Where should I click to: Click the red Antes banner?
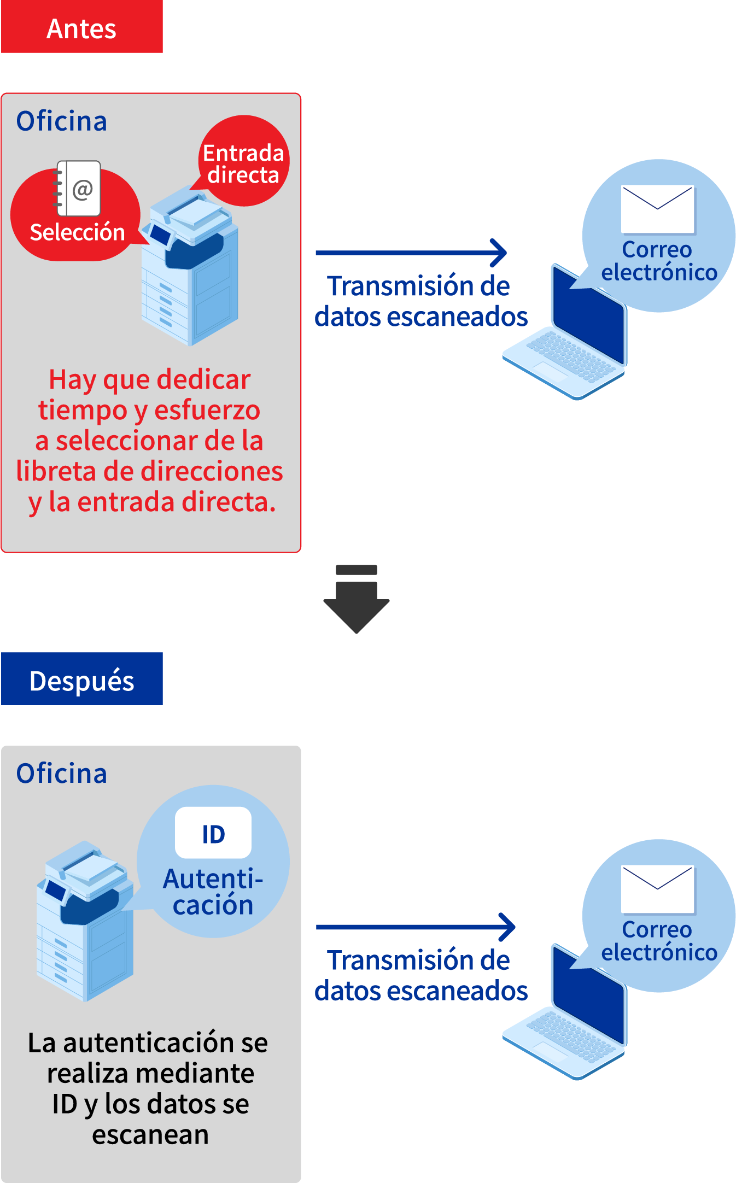(x=82, y=27)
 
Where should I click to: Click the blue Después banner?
(x=82, y=680)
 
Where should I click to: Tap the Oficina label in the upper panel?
(x=61, y=121)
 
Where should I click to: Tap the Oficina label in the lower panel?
(x=61, y=774)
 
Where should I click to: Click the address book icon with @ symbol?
(x=79, y=189)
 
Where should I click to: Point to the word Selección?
(x=77, y=233)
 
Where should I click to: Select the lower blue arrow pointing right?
(x=416, y=927)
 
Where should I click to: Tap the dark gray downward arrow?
(x=357, y=601)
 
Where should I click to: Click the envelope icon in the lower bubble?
(x=658, y=889)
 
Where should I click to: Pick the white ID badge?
(x=213, y=833)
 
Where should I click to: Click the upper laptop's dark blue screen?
(x=588, y=317)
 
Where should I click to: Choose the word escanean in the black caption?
(x=150, y=1135)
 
